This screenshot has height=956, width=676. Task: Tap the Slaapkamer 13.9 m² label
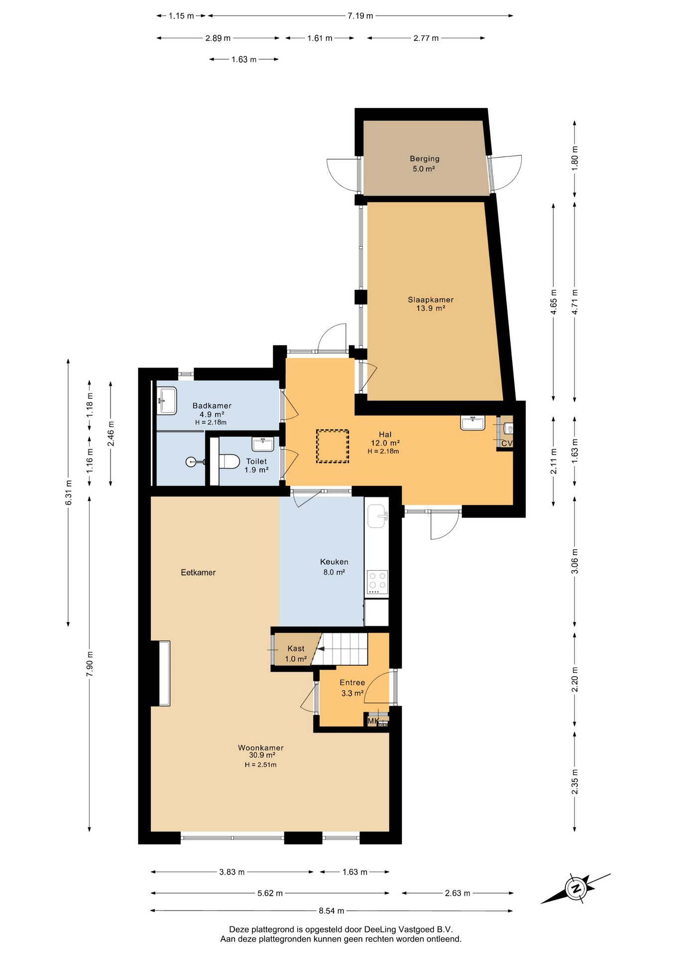431,304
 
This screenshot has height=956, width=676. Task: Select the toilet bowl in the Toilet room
229,462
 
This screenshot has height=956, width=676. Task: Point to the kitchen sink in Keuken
377,516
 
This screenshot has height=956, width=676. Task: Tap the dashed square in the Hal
333,447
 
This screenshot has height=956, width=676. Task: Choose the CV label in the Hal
507,443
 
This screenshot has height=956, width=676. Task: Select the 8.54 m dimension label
332,911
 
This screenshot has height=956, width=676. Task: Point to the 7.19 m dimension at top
360,16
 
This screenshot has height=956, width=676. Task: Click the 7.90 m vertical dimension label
90,664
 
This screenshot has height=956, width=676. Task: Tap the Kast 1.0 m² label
296,654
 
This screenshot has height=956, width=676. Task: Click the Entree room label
352,688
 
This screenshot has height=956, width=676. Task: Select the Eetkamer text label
198,573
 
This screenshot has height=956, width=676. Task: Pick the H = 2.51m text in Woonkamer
260,765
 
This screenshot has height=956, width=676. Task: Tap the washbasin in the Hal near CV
472,423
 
